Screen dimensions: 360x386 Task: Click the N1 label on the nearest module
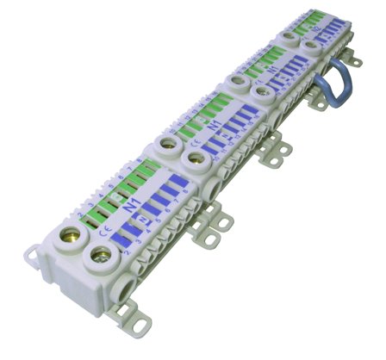pyautogui.click(x=131, y=208)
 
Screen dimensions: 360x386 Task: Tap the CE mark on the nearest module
pyautogui.click(x=104, y=230)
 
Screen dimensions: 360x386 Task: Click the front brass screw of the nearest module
pyautogui.click(x=101, y=255)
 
